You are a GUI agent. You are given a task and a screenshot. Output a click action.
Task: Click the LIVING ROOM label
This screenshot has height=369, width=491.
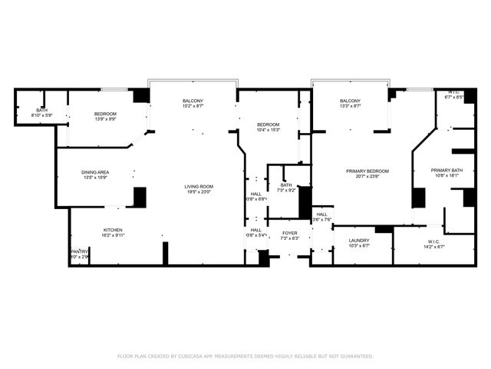[198, 187]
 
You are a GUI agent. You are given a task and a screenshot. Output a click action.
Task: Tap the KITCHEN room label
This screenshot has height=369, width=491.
[114, 230]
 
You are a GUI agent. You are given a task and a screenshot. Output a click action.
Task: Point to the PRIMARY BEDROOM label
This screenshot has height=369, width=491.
[367, 171]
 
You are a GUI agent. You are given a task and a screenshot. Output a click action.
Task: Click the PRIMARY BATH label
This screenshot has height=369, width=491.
[446, 171]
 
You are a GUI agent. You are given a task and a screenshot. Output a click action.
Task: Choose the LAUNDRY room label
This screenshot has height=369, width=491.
[359, 241]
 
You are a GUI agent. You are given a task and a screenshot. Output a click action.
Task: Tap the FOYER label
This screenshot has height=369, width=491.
[289, 233]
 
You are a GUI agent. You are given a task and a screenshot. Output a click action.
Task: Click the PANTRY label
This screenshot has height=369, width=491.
[79, 251]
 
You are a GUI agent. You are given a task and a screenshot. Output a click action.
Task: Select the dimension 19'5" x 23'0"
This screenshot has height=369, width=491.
[198, 192]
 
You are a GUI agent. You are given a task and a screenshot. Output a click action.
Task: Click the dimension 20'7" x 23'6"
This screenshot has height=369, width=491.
[367, 176]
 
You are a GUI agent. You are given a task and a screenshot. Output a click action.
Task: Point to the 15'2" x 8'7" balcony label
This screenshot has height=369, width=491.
[193, 106]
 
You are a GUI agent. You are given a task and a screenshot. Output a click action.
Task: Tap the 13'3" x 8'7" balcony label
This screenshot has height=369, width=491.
[350, 106]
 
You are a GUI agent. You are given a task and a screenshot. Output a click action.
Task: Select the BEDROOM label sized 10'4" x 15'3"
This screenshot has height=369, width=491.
[268, 125]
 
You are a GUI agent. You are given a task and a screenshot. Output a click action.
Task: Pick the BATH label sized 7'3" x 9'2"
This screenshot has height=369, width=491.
[286, 184]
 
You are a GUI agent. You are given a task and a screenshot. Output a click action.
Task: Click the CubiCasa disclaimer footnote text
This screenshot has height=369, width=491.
[245, 356]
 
